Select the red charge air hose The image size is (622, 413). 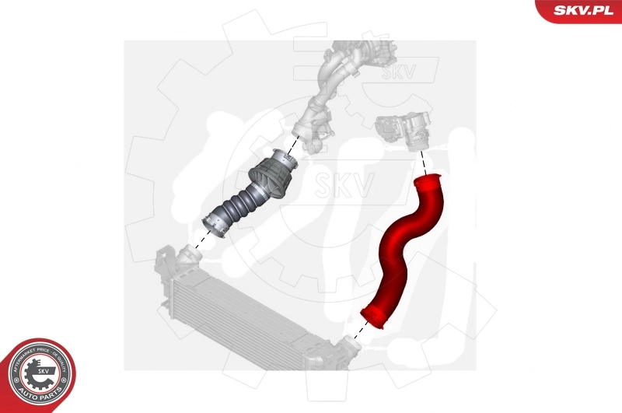pyautogui.click(x=405, y=249)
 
